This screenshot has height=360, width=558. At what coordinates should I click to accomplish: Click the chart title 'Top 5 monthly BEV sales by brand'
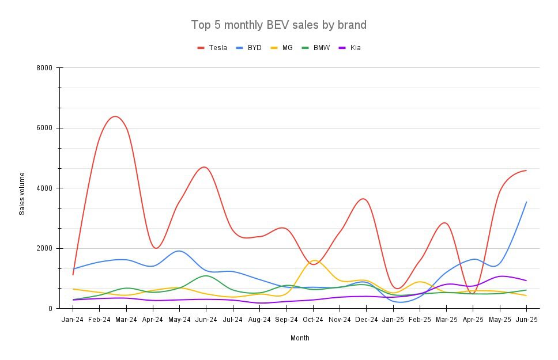278,25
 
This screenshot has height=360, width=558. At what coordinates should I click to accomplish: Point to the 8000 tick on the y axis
44,68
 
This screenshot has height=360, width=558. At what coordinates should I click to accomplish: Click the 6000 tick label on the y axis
44,128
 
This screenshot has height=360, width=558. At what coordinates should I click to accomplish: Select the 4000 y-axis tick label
44,188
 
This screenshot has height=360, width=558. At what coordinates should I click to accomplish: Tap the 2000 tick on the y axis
44,248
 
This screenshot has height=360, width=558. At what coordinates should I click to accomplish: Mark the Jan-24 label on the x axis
73,319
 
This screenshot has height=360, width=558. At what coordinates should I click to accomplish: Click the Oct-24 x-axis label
313,319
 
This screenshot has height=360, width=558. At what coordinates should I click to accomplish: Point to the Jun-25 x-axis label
526,319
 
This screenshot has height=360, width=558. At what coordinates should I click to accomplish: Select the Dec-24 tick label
366,319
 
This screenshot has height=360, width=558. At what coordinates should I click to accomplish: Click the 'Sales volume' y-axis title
22,194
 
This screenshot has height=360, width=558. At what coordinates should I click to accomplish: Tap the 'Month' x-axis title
300,338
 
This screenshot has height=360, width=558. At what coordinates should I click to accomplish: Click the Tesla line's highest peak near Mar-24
115,116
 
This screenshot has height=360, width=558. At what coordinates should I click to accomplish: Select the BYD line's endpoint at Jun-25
526,202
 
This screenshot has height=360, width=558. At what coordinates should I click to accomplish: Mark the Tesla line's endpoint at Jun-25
526,170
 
